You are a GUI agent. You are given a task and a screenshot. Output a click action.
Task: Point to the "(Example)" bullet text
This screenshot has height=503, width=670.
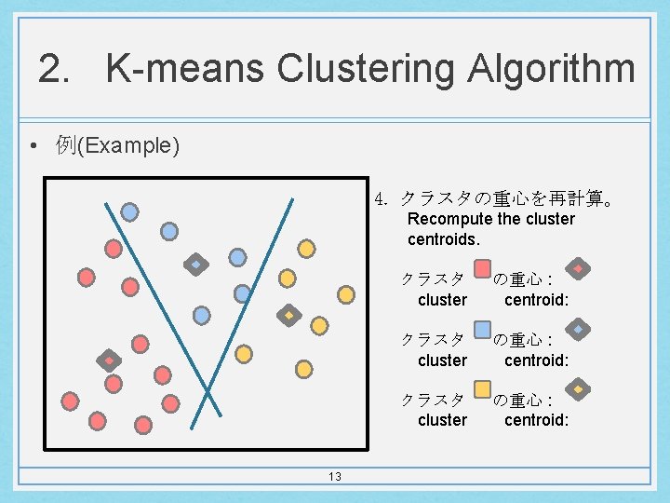point(128,145)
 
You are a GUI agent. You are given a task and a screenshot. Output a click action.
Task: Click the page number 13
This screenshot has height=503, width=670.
point(334,477)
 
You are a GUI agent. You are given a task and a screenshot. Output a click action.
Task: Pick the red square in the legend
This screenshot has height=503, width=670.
point(482,269)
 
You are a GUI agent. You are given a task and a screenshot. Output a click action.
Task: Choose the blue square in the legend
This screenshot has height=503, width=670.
point(482,329)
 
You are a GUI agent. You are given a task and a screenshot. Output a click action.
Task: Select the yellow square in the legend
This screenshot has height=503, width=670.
point(482,388)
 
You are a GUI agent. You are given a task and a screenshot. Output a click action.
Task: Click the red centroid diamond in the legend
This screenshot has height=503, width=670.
point(578,269)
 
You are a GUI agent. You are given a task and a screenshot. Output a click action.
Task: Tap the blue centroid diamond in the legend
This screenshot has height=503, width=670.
point(578,329)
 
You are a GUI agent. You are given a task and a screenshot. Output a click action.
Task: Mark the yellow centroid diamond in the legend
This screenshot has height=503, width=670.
point(578,388)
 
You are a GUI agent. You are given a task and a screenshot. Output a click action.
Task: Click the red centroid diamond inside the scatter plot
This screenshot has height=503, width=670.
point(109,360)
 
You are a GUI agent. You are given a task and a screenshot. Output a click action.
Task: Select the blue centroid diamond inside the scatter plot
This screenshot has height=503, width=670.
point(196,264)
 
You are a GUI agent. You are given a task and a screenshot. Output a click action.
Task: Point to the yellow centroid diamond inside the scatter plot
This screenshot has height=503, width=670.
point(288,315)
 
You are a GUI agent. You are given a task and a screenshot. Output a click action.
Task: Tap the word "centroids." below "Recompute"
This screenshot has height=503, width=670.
point(444,239)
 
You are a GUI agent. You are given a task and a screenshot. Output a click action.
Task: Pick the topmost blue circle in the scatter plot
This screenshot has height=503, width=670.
point(130,211)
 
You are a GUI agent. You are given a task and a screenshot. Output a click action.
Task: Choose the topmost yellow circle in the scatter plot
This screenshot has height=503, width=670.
point(305,248)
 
